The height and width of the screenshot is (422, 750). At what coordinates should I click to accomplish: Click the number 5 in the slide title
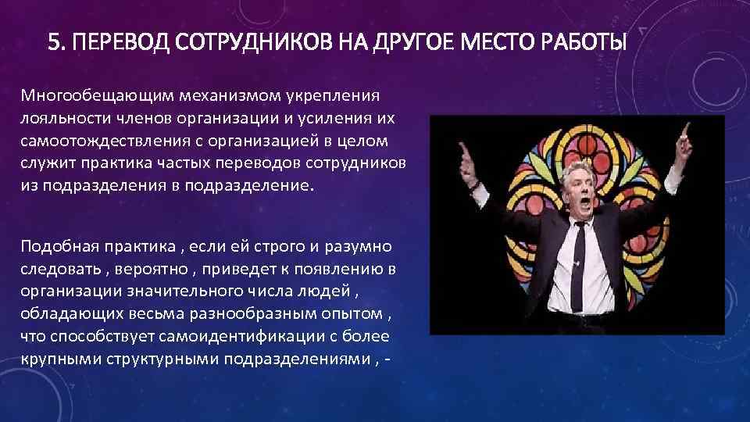pos(53,40)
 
